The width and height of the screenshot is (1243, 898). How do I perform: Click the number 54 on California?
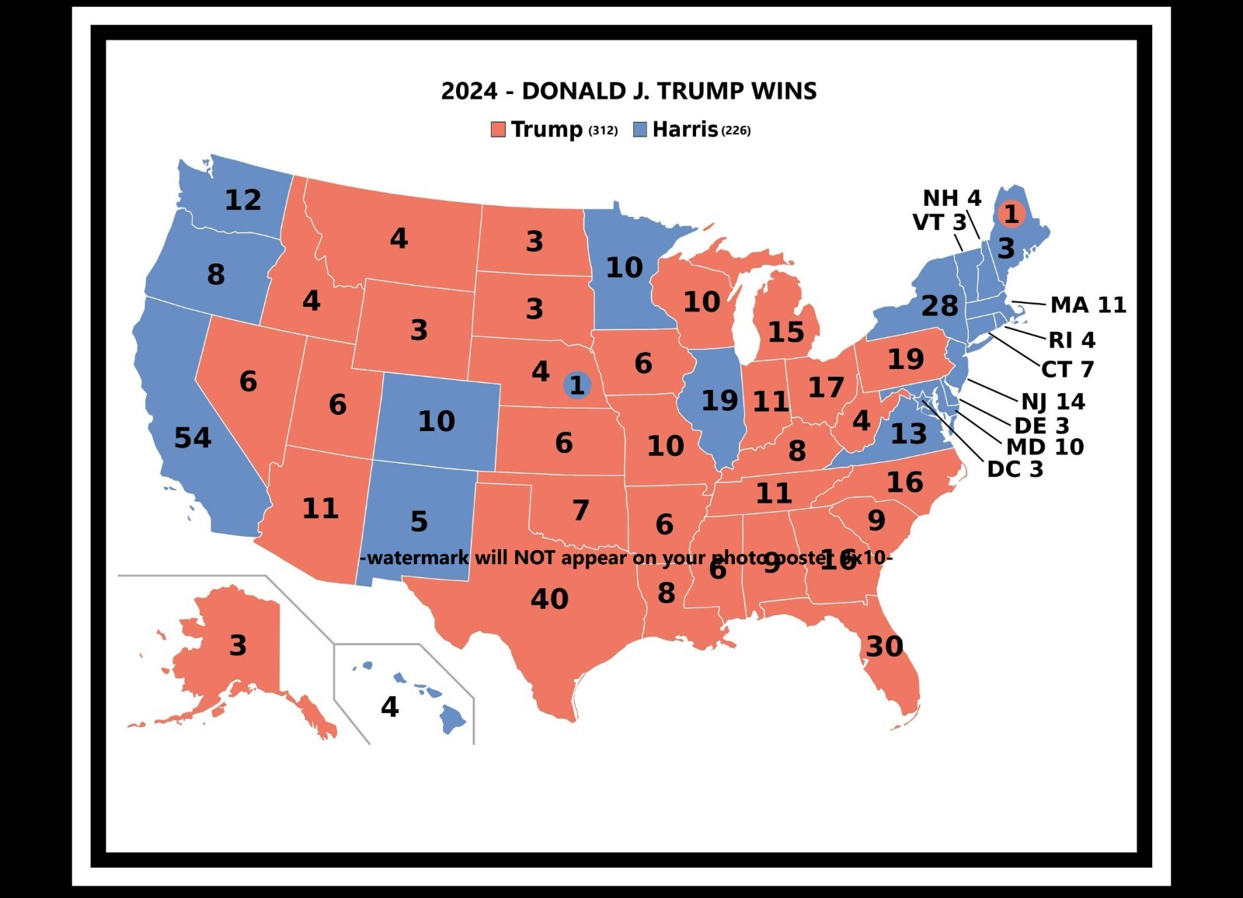coord(192,438)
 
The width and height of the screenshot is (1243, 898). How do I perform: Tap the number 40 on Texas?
coord(549,599)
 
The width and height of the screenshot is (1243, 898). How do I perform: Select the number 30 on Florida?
coord(884,646)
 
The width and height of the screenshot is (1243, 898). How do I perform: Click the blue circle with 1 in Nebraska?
coord(576,385)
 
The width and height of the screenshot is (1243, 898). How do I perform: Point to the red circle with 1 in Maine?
coord(1011,213)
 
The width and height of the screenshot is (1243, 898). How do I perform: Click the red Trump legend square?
coord(498,129)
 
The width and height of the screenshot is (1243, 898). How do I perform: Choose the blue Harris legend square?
coord(639,129)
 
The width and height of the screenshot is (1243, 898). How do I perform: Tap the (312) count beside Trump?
coord(603,131)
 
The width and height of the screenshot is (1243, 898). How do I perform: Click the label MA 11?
coord(1088,305)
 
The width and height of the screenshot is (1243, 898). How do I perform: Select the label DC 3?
coord(1015,469)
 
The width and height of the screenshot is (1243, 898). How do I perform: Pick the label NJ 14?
coord(1053,402)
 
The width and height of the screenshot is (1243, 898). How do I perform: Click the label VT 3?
coord(938,222)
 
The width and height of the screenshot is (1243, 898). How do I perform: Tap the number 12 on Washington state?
coord(242,200)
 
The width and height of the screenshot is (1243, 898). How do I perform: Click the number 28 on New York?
coord(939,306)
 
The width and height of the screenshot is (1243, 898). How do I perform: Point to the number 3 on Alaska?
coord(238,646)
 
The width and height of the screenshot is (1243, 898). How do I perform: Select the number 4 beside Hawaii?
coord(389,707)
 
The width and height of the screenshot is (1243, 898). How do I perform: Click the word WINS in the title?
coord(783,91)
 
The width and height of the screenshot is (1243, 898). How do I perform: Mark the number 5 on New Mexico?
coord(419,521)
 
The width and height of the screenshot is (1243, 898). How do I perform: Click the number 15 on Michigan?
coord(785,332)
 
